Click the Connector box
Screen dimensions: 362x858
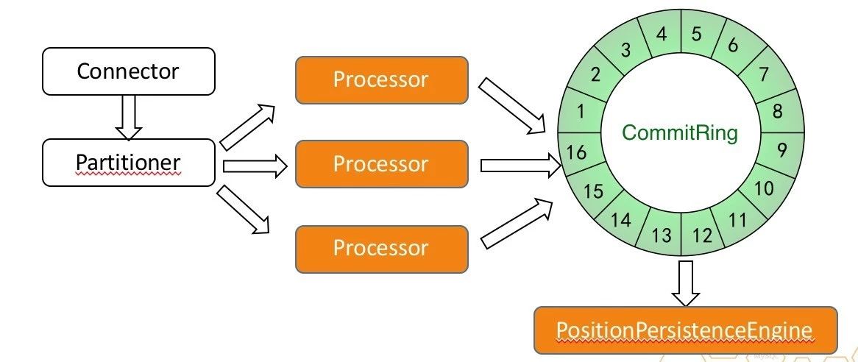[x=129, y=71]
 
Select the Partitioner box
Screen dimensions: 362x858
[x=129, y=163]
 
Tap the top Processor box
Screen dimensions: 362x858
[x=381, y=79]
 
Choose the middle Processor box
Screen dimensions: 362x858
[x=381, y=164]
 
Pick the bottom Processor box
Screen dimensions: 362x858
[x=381, y=248]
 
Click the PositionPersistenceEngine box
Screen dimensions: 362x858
[x=685, y=330]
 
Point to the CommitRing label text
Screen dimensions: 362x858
[x=679, y=133]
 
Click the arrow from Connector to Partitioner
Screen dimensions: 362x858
[x=129, y=117]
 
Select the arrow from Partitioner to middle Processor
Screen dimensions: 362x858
[x=254, y=166]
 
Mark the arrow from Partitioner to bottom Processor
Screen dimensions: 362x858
[x=244, y=210]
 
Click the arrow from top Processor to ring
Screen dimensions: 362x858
[x=513, y=107]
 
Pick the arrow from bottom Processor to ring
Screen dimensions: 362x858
[x=516, y=223]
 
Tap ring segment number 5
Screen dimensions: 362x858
[x=696, y=34]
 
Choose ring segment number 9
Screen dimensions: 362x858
[x=781, y=149]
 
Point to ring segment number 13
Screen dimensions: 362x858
[x=662, y=235]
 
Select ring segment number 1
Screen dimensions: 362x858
[x=581, y=112]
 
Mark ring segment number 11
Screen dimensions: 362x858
[x=738, y=219]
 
